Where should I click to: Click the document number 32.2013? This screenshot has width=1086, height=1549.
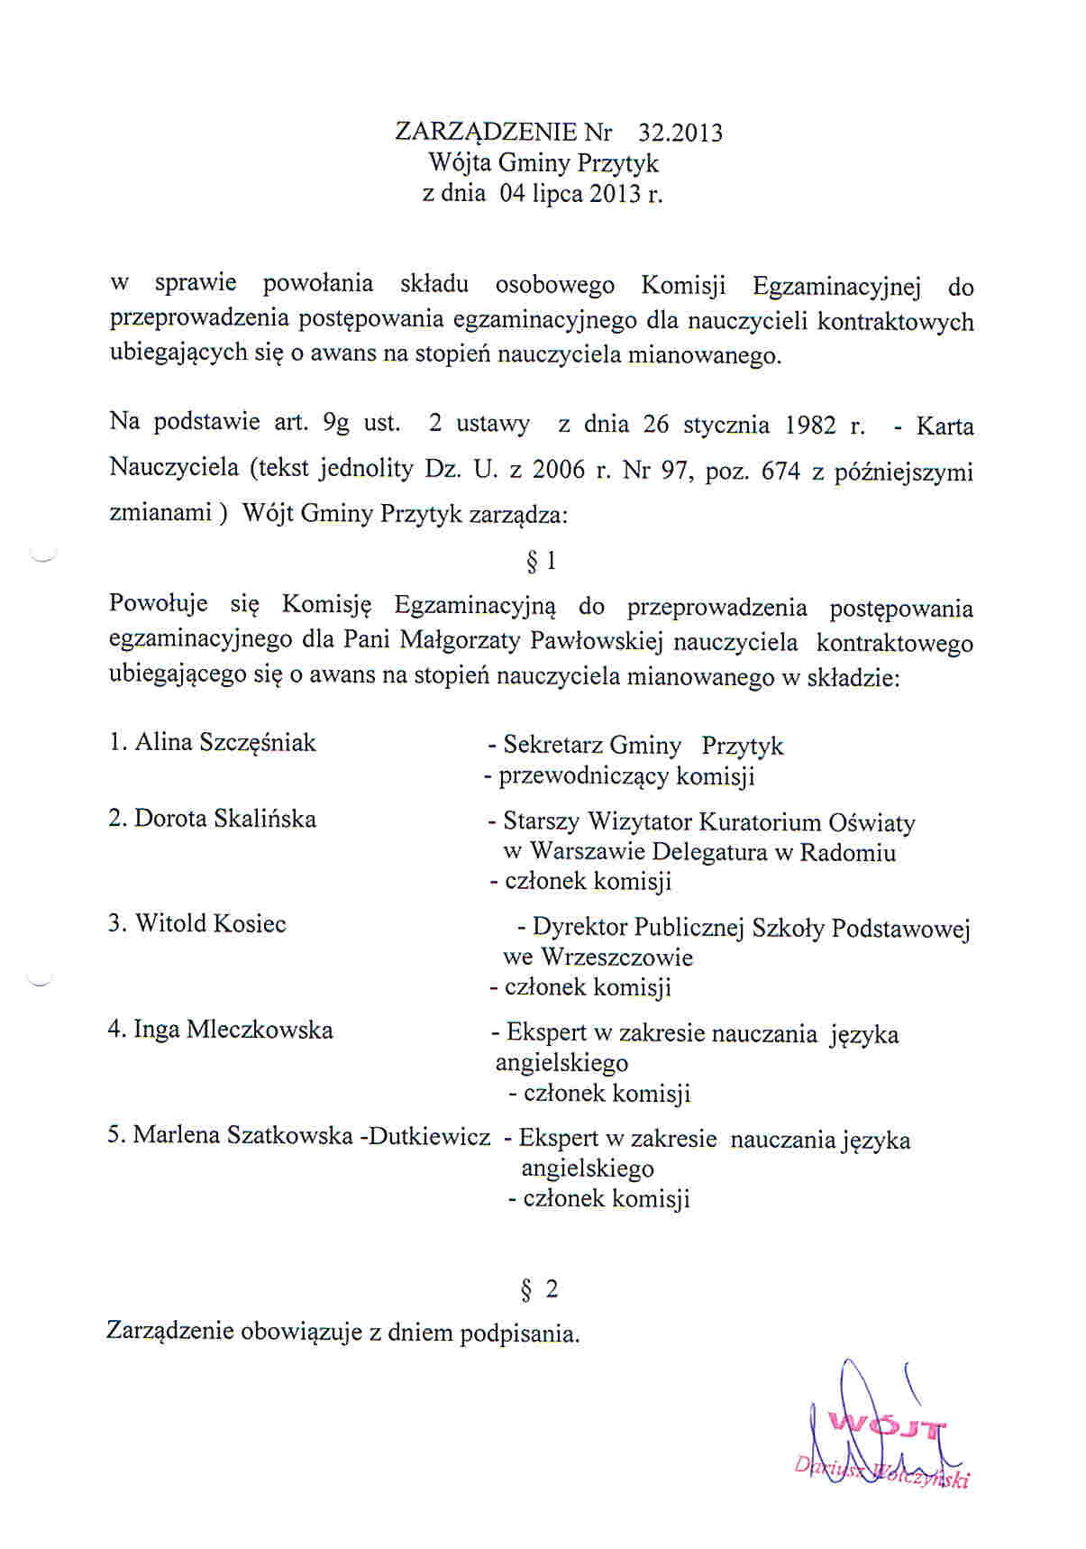pos(680,133)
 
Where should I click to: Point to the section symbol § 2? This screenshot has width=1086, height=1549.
pos(540,1289)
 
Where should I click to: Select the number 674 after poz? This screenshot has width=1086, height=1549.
pos(780,471)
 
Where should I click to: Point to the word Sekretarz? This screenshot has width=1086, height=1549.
pos(553,746)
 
